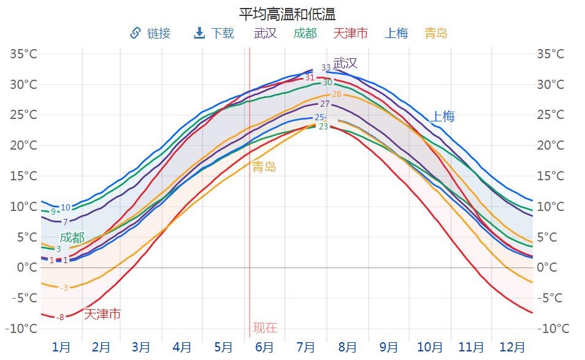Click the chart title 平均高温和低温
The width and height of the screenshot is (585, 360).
288,13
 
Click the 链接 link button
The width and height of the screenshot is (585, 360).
150,33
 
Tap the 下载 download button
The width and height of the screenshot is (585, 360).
214,33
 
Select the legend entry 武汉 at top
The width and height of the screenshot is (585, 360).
266,33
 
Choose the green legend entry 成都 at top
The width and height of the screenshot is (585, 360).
305,33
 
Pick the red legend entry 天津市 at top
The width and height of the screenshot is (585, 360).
350,33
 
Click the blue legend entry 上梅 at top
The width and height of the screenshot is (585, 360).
396,33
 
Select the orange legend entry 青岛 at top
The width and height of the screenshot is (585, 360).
436,33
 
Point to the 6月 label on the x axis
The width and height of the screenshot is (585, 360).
264,347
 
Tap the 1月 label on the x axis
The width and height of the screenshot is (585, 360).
61,347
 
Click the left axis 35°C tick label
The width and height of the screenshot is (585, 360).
24,54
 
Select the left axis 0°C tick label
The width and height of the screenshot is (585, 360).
27,267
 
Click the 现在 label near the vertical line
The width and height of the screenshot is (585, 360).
265,327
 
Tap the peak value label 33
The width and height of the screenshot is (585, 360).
326,67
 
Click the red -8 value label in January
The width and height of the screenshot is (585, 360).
59,317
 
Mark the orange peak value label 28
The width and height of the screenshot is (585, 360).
337,94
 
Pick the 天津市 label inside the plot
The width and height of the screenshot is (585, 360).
102,315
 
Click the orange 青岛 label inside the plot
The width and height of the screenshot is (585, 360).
264,167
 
